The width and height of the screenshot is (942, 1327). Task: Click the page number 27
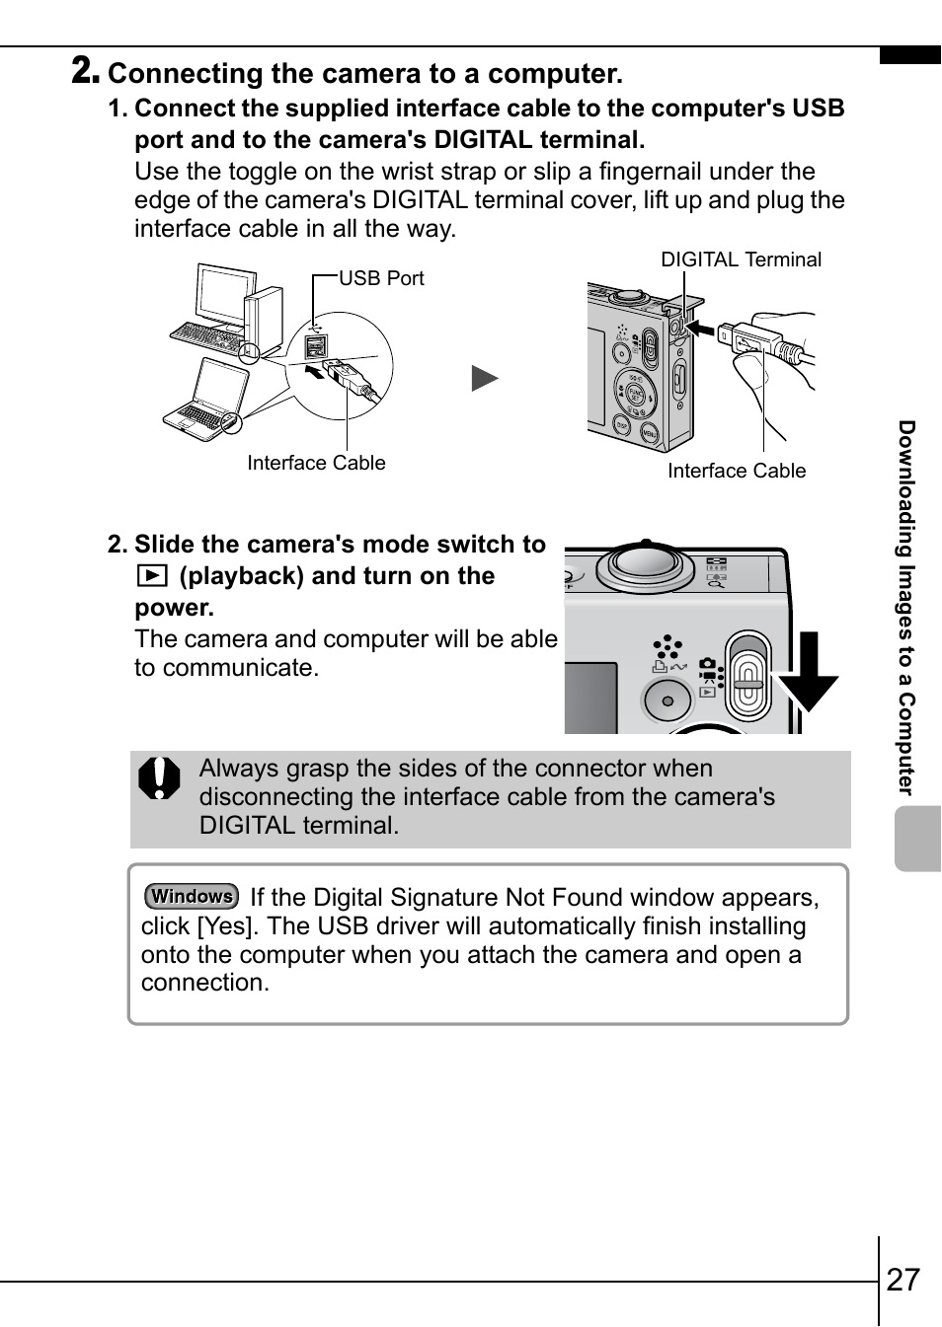[x=903, y=1280]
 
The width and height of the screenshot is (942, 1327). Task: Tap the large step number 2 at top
[x=85, y=70]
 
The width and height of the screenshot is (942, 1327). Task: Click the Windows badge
[x=192, y=896]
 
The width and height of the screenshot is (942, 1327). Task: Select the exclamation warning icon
[x=160, y=777]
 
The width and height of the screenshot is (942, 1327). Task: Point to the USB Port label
[x=381, y=278]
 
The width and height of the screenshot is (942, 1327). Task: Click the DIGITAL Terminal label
[x=741, y=259]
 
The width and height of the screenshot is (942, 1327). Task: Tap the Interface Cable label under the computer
[x=316, y=463]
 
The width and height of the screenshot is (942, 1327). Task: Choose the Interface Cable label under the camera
[x=737, y=471]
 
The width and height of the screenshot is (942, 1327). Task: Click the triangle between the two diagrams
[x=484, y=378]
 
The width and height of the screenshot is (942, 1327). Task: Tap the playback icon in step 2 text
[x=151, y=576]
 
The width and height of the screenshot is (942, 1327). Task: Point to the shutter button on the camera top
[x=645, y=563]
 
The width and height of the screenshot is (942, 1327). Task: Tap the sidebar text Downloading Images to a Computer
[x=906, y=607]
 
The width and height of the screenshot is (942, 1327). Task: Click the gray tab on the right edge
[x=918, y=839]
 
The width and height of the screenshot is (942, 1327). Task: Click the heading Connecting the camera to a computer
[x=365, y=74]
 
